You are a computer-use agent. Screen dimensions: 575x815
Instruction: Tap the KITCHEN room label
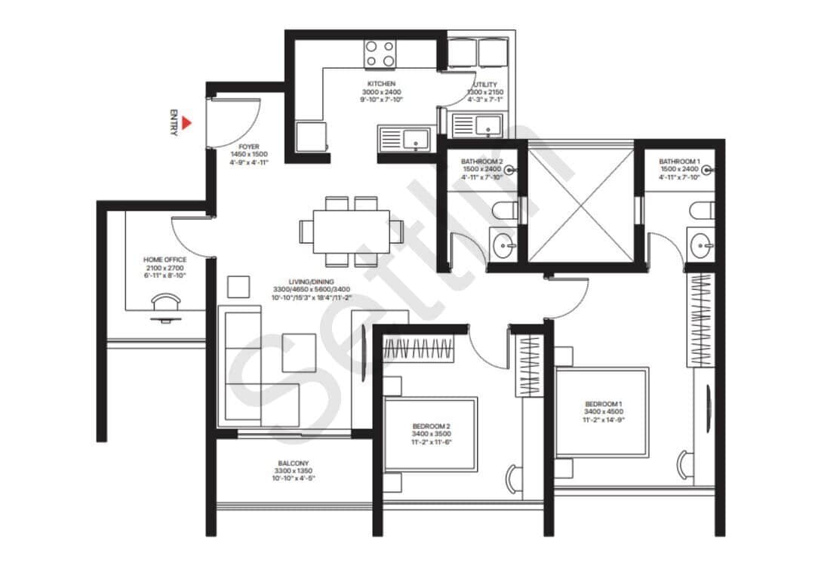[x=381, y=84]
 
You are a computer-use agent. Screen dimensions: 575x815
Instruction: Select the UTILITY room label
[x=484, y=85]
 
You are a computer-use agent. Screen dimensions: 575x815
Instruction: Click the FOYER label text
[x=249, y=147]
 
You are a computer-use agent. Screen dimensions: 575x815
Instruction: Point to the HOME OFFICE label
[x=165, y=260]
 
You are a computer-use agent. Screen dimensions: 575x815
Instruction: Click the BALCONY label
[x=292, y=463]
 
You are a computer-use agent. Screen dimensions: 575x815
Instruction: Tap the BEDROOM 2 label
[x=431, y=426]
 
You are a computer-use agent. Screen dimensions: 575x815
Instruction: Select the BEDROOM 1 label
[x=603, y=404]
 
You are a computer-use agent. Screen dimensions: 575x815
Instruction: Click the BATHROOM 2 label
[x=481, y=161]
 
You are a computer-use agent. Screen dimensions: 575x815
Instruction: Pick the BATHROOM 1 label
[x=679, y=161]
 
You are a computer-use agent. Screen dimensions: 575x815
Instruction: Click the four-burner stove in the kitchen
[x=380, y=54]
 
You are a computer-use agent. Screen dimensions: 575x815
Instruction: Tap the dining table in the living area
[x=344, y=230]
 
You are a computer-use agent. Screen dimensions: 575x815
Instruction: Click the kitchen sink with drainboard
[x=404, y=138]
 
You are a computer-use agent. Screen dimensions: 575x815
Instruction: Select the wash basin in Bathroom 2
[x=503, y=244]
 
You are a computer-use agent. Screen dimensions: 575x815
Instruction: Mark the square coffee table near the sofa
[x=299, y=352]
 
